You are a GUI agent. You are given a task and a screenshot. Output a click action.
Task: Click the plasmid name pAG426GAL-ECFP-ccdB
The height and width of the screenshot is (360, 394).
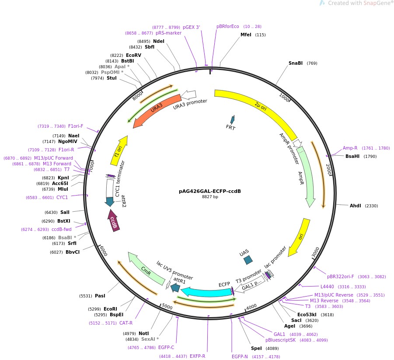[210, 191]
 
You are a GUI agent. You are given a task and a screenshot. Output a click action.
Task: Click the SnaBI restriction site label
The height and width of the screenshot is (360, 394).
[296, 63]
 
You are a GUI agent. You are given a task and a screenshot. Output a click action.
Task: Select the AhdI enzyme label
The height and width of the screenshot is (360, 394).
[355, 206]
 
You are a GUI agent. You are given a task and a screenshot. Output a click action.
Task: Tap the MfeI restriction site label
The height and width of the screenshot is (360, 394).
[246, 35]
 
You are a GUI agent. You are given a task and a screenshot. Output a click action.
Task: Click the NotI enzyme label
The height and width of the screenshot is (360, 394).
[144, 333]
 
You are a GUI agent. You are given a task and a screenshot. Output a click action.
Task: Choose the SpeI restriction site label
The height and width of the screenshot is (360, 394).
[256, 348]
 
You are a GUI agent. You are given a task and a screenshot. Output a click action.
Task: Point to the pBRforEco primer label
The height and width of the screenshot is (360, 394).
[228, 26]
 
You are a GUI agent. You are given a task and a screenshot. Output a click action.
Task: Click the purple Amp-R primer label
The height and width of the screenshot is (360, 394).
[350, 148]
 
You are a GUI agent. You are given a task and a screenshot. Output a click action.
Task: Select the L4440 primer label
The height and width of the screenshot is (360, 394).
[327, 287]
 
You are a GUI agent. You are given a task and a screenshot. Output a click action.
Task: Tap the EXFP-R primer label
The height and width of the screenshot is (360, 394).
[198, 356]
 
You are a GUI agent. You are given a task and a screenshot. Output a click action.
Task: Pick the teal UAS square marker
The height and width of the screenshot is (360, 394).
[248, 260]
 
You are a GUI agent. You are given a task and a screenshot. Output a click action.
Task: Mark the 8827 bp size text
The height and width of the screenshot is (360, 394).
[210, 197]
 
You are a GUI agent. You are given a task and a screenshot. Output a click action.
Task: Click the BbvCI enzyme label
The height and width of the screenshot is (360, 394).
[73, 252]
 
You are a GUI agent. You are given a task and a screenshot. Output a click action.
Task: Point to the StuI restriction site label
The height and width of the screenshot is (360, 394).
[112, 78]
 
